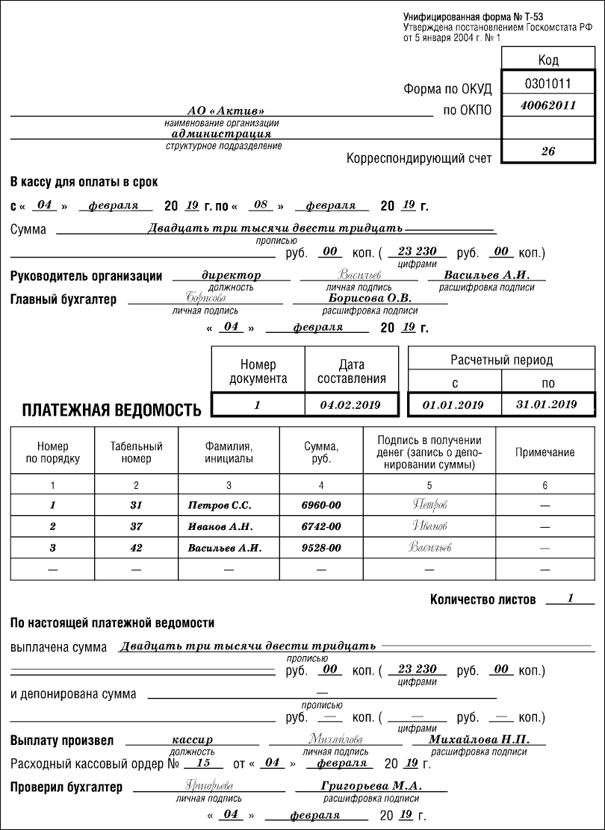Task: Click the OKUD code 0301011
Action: (x=547, y=83)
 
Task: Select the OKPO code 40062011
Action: (x=547, y=105)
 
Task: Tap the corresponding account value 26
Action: (x=547, y=150)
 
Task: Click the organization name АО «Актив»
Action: (x=220, y=110)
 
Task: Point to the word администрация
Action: (x=221, y=134)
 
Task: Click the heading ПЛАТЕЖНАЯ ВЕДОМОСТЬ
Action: (x=111, y=410)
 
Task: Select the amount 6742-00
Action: (x=320, y=526)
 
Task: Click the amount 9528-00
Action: (x=320, y=548)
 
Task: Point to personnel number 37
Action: (x=136, y=526)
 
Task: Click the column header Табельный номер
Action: (x=136, y=452)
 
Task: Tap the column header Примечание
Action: (x=544, y=452)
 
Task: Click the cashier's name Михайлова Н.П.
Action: (x=479, y=739)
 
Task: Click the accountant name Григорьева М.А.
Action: (x=371, y=786)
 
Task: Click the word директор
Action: (x=231, y=275)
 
